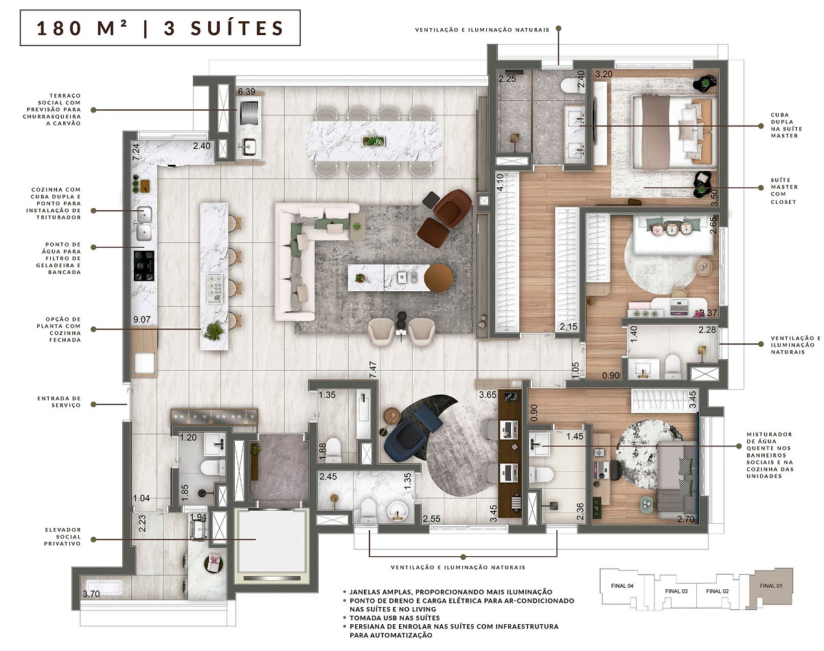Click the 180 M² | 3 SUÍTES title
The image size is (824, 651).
point(160,28)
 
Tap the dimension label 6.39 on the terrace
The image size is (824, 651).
point(247,91)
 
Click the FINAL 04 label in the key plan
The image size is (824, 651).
point(621,586)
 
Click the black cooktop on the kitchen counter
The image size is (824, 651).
point(144,264)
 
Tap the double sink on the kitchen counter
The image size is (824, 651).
point(144,215)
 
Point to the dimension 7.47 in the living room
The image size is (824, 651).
point(373,370)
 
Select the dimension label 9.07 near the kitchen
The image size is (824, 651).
point(141,319)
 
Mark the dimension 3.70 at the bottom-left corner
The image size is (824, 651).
point(91,593)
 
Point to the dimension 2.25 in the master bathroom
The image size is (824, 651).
point(507,79)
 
